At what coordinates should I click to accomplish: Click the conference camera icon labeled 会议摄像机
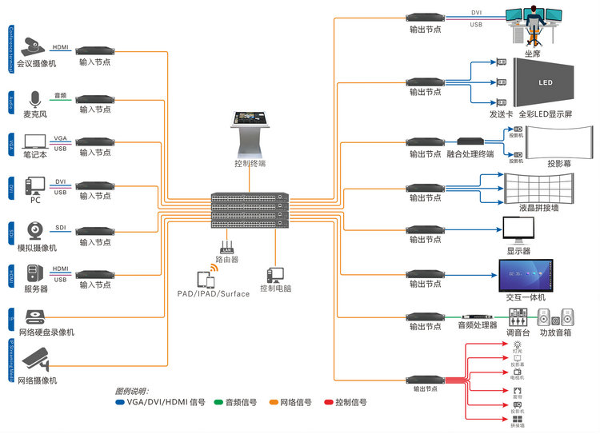(x=34, y=46)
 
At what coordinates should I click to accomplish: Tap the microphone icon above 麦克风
(x=34, y=99)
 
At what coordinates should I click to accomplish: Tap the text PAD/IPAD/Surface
(x=214, y=293)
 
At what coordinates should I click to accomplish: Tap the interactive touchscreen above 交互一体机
(x=526, y=274)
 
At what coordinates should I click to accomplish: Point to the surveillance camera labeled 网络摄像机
(x=36, y=360)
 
